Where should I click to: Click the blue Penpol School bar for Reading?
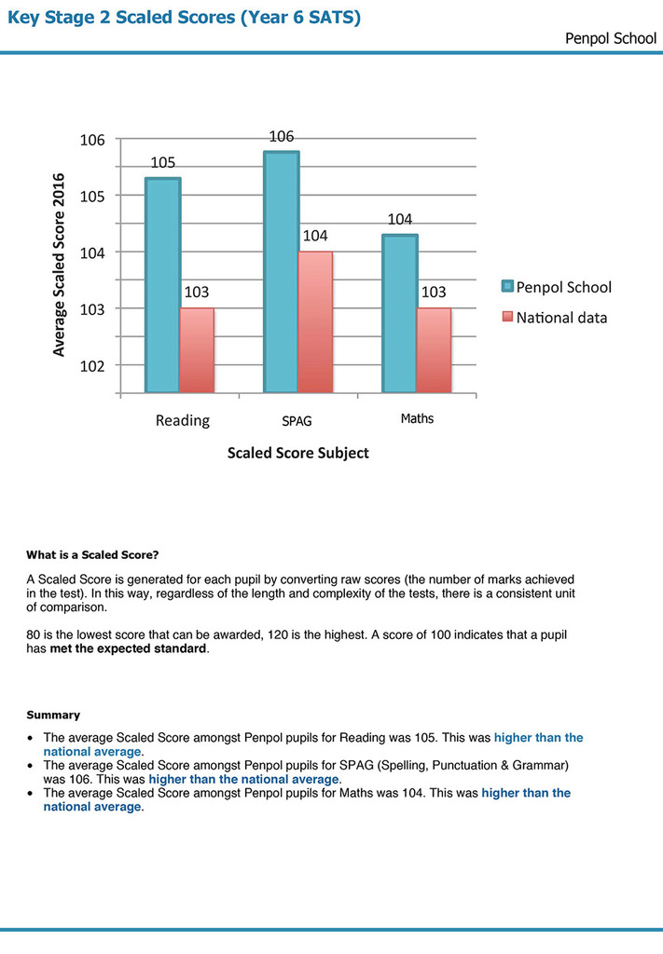(x=162, y=285)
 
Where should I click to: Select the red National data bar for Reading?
(x=197, y=350)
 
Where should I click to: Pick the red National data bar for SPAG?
(x=315, y=322)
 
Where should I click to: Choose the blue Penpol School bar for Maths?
(x=399, y=313)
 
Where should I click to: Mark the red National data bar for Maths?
(x=434, y=350)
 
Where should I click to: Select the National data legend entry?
(x=555, y=318)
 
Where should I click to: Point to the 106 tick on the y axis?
(x=90, y=140)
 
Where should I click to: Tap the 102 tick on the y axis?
(x=90, y=365)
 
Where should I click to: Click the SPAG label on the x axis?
(x=297, y=421)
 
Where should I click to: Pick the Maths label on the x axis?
(x=417, y=419)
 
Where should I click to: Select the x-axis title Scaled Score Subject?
(x=297, y=453)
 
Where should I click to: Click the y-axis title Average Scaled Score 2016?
(x=59, y=265)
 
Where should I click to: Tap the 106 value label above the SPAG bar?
(x=282, y=137)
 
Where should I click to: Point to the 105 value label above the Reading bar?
(x=163, y=163)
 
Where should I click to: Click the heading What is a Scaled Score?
(x=92, y=556)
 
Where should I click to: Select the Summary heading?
(x=53, y=715)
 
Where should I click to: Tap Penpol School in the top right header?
(x=611, y=39)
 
